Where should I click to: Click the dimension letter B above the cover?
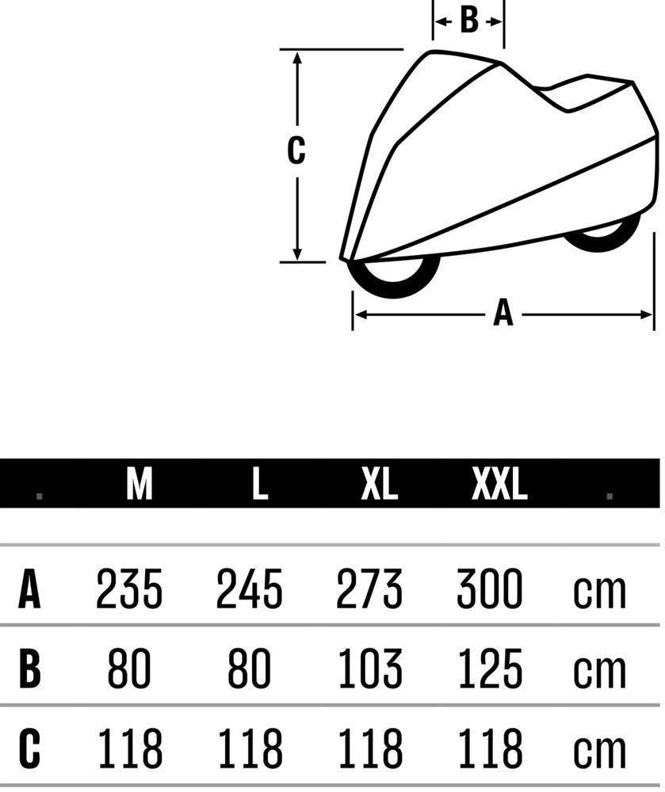click(x=469, y=21)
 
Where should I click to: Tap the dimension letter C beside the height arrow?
click(x=296, y=150)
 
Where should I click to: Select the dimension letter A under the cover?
click(x=503, y=313)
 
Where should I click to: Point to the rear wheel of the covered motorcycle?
click(x=602, y=235)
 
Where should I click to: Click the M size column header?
click(x=139, y=483)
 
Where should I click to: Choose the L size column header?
click(x=260, y=483)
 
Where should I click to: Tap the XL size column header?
click(x=380, y=483)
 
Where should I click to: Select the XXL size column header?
click(x=499, y=483)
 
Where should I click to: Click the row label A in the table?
click(x=29, y=589)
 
